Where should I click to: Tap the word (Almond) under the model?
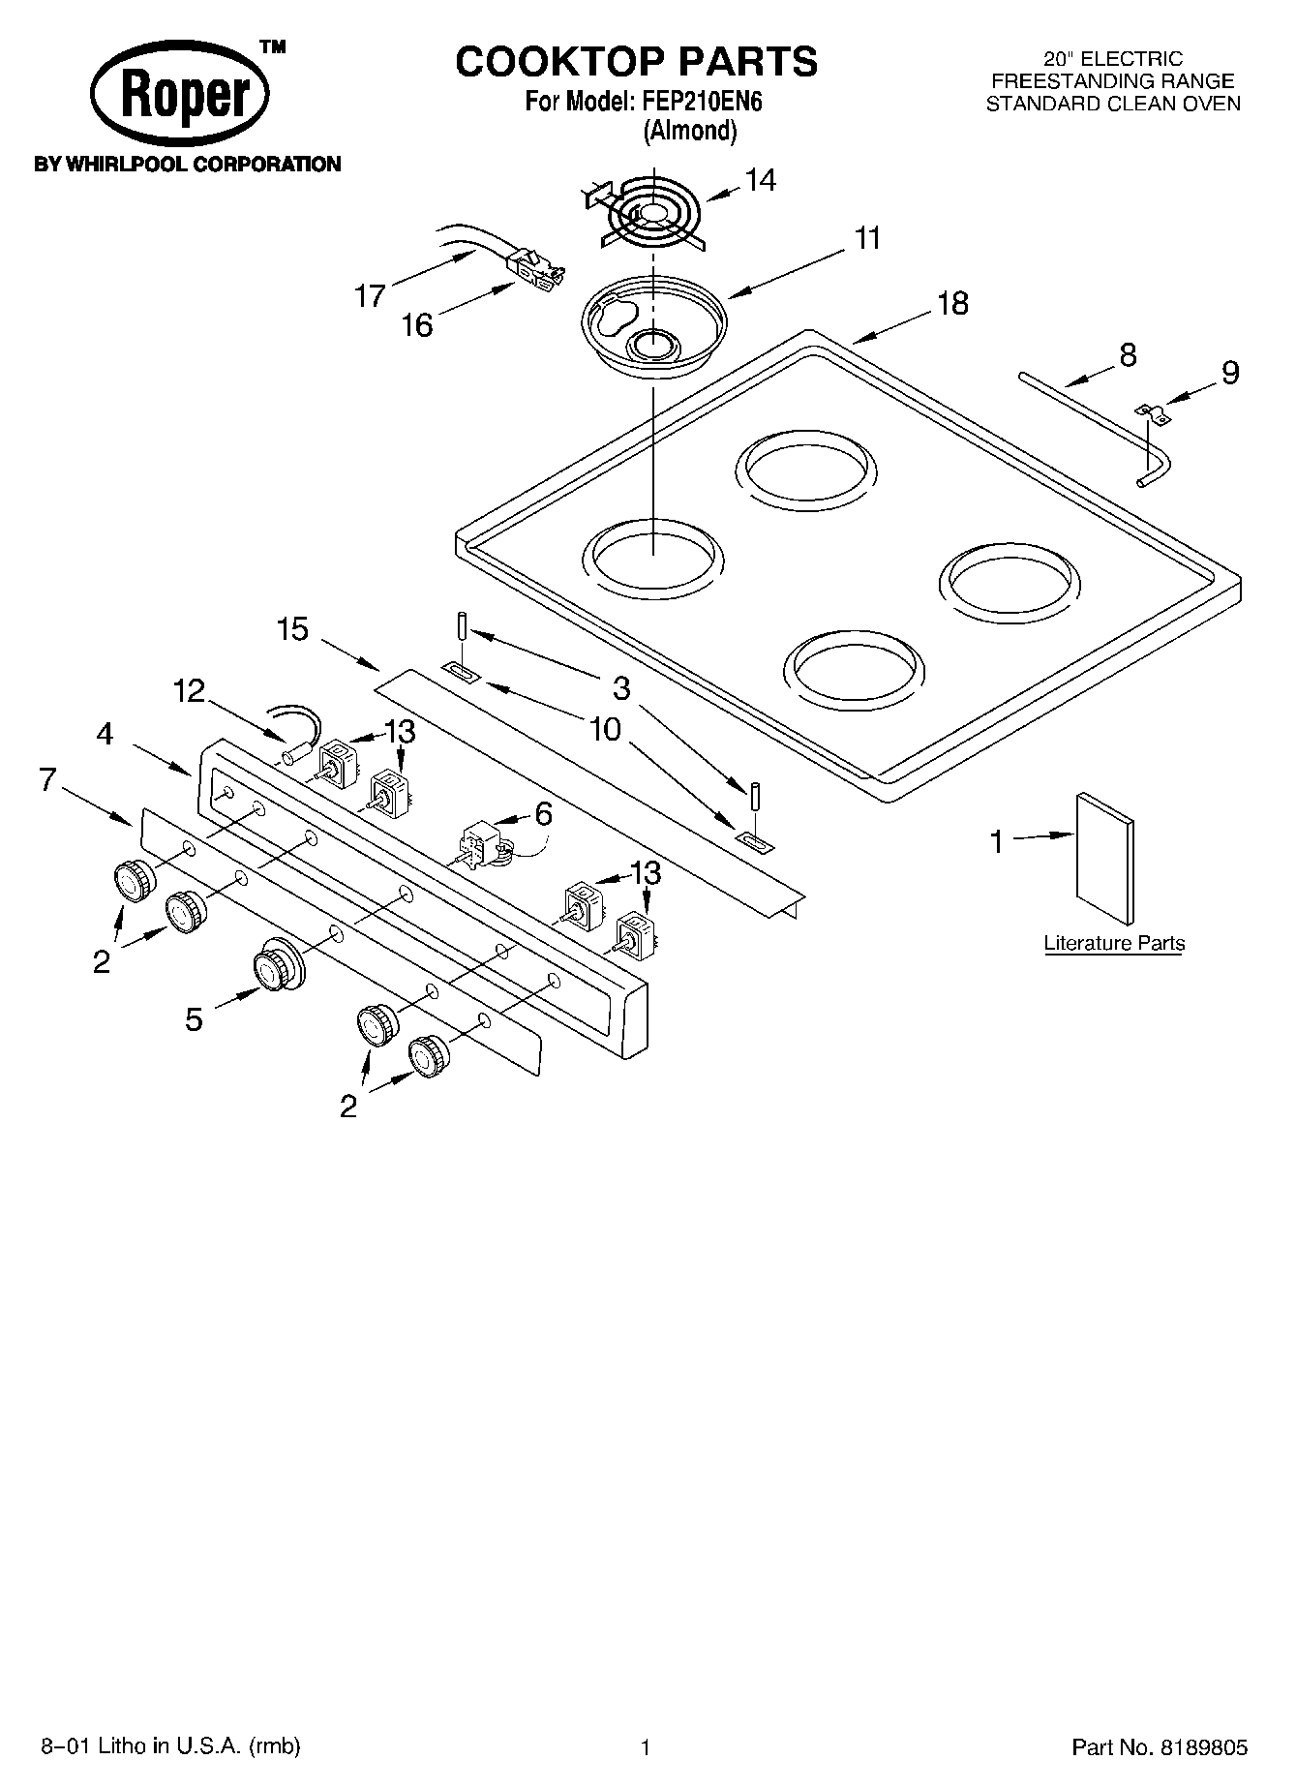tap(690, 131)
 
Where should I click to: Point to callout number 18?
tap(952, 303)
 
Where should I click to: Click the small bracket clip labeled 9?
tap(1151, 413)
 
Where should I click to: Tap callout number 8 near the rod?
tap(1128, 354)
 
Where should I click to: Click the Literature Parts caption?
tap(1114, 943)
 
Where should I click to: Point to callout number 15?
tap(292, 629)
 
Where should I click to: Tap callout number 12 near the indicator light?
tap(190, 691)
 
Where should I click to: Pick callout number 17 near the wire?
tap(369, 295)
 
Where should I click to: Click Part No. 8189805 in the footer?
tap(1159, 1747)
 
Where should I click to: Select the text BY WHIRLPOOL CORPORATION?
tap(187, 165)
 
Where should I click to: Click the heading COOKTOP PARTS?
tap(636, 62)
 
